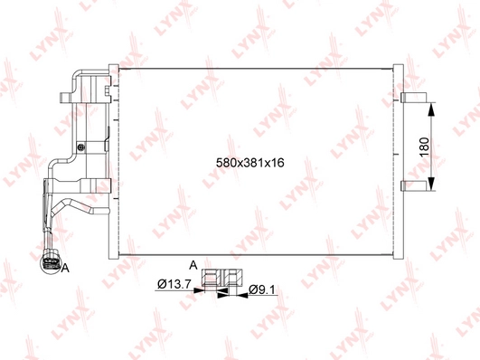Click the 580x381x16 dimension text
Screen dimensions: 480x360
tap(249, 163)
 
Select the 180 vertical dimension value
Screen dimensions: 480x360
tap(425, 147)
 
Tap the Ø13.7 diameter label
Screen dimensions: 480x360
tap(174, 284)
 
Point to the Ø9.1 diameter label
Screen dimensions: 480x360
tap(262, 289)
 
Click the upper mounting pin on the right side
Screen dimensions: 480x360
tap(414, 97)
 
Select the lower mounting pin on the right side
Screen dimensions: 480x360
tap(414, 185)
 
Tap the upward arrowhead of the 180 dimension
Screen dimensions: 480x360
tap(430, 109)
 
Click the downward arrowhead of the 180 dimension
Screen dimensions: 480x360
tap(430, 184)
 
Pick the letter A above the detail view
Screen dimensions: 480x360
tap(193, 265)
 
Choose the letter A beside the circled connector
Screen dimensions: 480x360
tap(65, 269)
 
